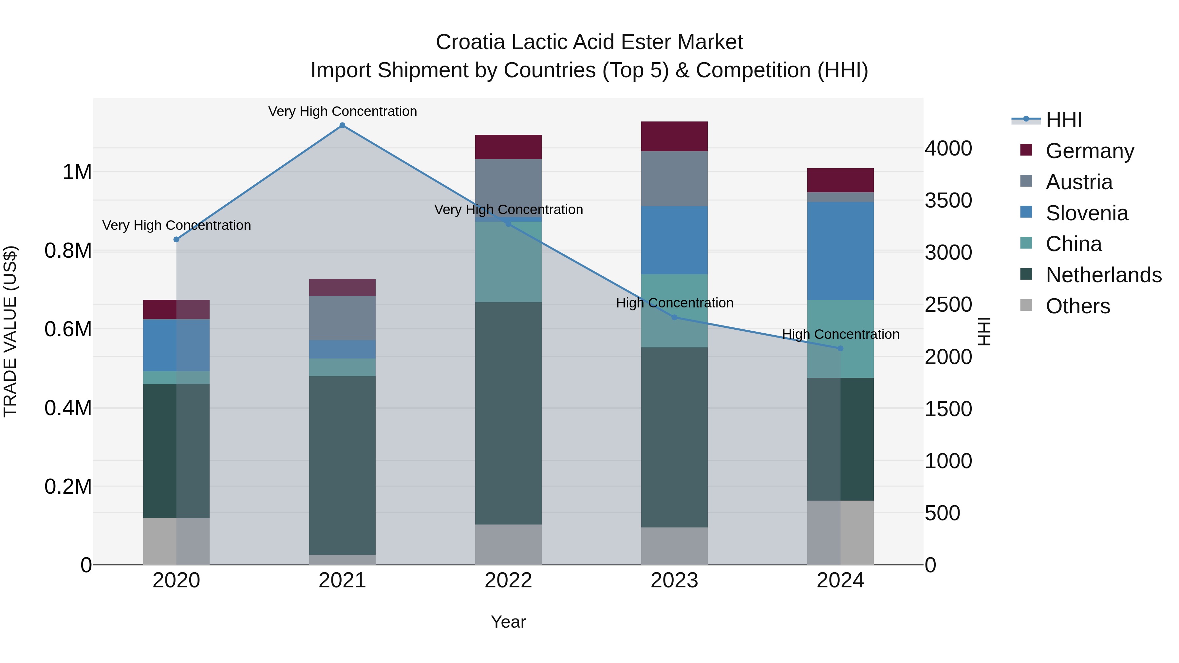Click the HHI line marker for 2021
coord(342,125)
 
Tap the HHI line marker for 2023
coord(674,317)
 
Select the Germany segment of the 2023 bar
coord(674,136)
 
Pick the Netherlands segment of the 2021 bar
coord(342,465)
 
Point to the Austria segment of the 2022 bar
coord(508,183)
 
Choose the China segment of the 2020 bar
coord(176,378)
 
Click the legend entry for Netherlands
coord(1103,275)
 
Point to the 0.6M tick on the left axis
coord(68,329)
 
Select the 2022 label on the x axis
coord(508,580)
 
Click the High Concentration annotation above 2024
coord(840,335)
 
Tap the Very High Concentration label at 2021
coord(342,111)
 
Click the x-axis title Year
coord(508,622)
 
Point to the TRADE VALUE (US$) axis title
coord(10,331)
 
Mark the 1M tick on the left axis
coord(77,173)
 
